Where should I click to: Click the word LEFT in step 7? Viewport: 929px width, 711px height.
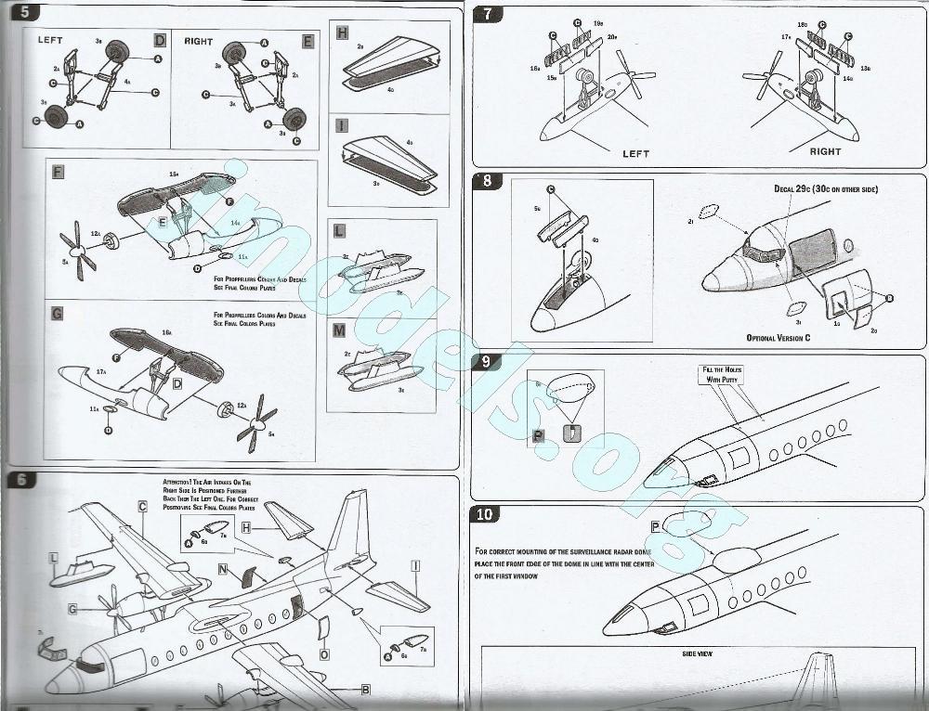click(635, 153)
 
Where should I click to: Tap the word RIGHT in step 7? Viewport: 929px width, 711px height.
click(825, 151)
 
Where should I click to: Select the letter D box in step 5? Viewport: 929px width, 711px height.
click(160, 41)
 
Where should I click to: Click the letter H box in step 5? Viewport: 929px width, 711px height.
click(341, 32)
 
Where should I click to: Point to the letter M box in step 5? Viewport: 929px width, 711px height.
click(340, 331)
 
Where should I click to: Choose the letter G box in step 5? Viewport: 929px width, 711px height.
click(58, 314)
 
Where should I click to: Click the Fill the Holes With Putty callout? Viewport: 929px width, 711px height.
click(721, 374)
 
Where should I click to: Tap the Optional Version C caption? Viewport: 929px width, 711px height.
click(778, 338)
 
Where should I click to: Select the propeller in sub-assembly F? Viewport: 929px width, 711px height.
click(77, 252)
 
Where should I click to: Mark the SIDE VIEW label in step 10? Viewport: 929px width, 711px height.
click(696, 653)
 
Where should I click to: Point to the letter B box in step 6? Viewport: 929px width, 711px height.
click(365, 689)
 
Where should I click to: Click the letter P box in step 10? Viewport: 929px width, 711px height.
click(655, 526)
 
